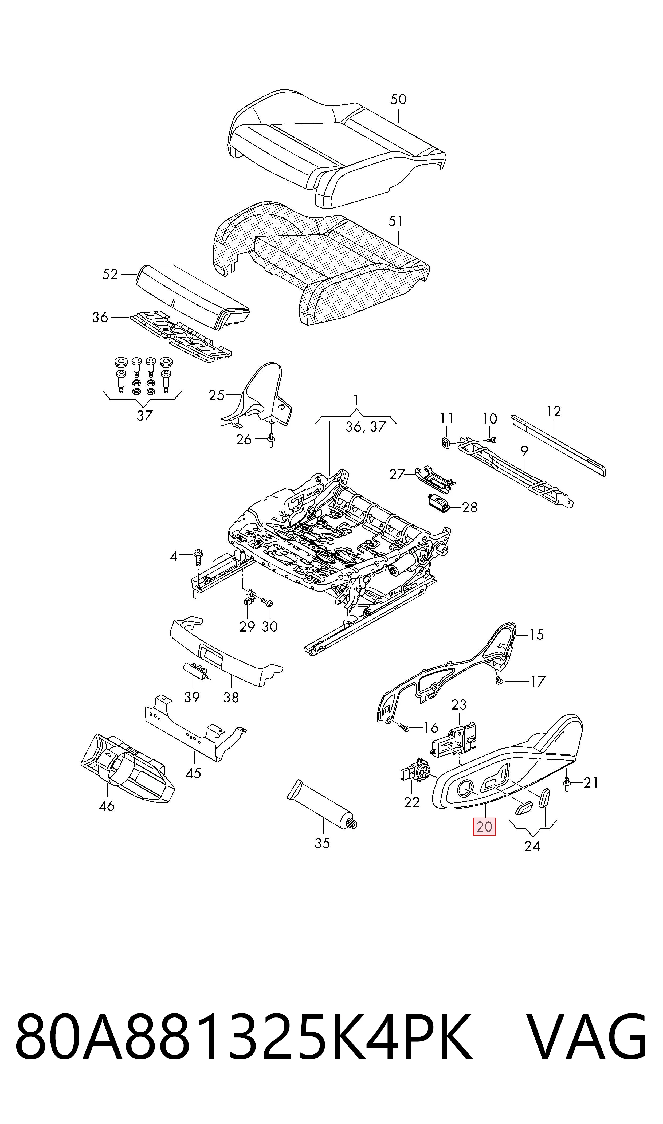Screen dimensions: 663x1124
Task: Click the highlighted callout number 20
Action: pos(484,827)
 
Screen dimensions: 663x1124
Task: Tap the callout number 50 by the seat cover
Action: pos(398,99)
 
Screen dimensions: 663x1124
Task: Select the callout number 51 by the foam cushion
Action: pos(396,221)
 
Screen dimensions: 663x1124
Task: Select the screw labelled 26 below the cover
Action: pos(272,440)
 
